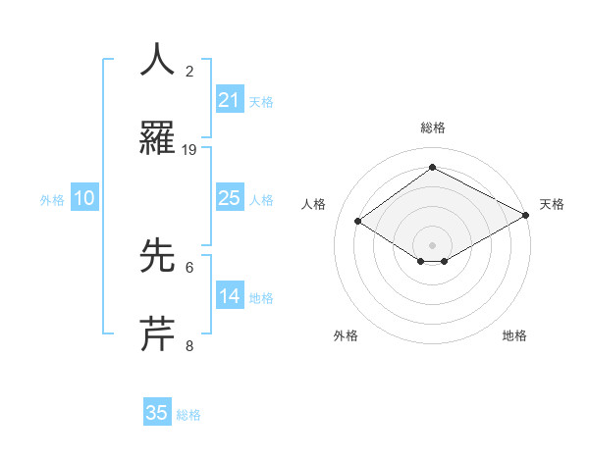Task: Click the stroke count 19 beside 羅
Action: [189, 150]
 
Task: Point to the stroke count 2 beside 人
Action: [189, 72]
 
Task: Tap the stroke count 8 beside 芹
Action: [189, 345]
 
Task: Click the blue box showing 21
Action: [229, 100]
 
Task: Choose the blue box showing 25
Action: [229, 198]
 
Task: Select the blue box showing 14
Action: [229, 296]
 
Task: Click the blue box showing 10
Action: [84, 198]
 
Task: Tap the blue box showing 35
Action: [157, 413]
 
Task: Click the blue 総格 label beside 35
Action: [188, 415]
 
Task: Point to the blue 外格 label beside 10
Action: [52, 200]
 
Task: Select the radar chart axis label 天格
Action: [552, 204]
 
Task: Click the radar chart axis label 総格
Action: [433, 128]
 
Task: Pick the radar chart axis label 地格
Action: [514, 336]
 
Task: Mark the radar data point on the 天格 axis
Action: [527, 216]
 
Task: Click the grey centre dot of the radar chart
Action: [433, 244]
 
